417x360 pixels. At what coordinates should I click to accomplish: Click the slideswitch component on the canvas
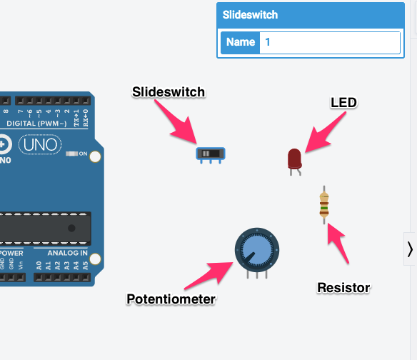pyautogui.click(x=210, y=153)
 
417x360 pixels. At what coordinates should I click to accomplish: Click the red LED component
pyautogui.click(x=294, y=158)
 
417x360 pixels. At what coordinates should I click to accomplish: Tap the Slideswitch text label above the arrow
pyautogui.click(x=169, y=92)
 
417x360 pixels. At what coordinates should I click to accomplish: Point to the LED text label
pyautogui.click(x=343, y=103)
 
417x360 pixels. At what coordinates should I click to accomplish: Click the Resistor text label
pyautogui.click(x=343, y=288)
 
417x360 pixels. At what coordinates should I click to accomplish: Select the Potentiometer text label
pyautogui.click(x=171, y=299)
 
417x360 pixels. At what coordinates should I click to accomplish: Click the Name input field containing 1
pyautogui.click(x=329, y=42)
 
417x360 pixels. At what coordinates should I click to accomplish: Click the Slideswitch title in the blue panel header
pyautogui.click(x=250, y=14)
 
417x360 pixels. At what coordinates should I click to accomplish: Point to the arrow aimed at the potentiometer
pyautogui.click(x=211, y=275)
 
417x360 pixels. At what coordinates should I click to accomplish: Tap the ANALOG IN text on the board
pyautogui.click(x=68, y=253)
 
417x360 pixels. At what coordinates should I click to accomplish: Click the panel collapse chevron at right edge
pyautogui.click(x=410, y=249)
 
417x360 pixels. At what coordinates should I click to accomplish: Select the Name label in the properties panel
pyautogui.click(x=241, y=42)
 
